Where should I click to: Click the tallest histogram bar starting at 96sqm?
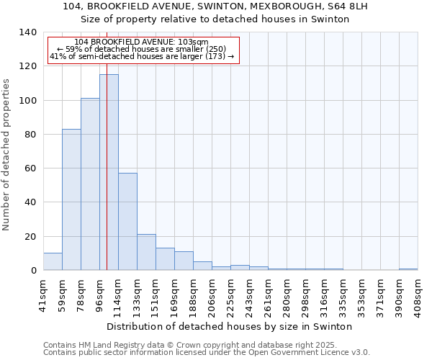click(x=109, y=173)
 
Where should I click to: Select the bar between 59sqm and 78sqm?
click(x=71, y=199)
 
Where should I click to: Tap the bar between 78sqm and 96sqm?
click(x=90, y=184)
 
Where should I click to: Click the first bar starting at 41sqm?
click(x=53, y=262)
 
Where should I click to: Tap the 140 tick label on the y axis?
click(x=27, y=32)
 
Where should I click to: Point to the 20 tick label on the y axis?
click(x=30, y=236)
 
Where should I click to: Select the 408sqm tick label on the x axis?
click(x=418, y=295)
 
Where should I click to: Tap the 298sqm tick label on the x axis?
click(x=305, y=295)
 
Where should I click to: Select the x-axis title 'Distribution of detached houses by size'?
click(x=234, y=326)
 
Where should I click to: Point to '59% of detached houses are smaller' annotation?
click(x=141, y=49)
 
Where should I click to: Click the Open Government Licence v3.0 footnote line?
click(x=207, y=352)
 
